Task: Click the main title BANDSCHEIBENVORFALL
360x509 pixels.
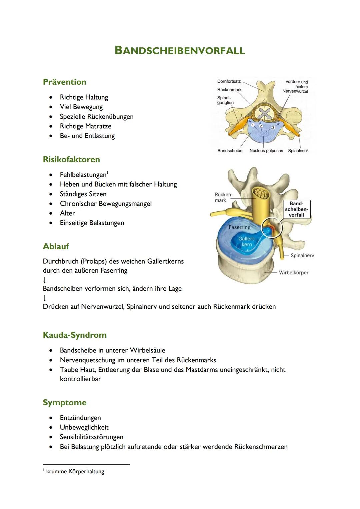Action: tap(180, 50)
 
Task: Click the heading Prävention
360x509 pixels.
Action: tap(64, 82)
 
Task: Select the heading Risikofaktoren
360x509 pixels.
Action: tap(71, 159)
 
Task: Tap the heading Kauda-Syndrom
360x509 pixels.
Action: tap(75, 335)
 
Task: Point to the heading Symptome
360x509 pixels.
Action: tap(65, 403)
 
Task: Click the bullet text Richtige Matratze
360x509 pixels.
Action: tap(86, 126)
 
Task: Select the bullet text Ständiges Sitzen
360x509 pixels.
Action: tap(83, 194)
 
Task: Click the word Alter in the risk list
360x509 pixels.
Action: tap(67, 213)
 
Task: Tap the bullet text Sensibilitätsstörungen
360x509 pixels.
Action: tap(91, 437)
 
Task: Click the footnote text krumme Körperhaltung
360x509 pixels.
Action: tap(75, 472)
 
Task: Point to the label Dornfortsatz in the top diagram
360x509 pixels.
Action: tap(229, 82)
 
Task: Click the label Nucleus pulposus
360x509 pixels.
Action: tap(266, 151)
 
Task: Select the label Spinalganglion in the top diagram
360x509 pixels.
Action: tap(225, 100)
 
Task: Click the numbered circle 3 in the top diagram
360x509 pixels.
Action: tap(273, 127)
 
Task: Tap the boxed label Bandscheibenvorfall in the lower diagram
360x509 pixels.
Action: tap(296, 209)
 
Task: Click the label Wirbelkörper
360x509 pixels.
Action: tap(293, 273)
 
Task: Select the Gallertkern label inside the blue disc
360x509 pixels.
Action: tap(247, 242)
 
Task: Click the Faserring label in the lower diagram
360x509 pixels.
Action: tap(239, 227)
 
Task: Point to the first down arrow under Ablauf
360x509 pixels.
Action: tap(45, 280)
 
